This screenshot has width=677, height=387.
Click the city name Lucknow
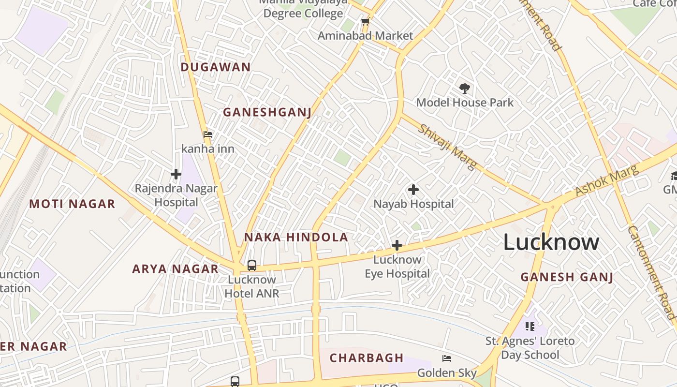pos(551,242)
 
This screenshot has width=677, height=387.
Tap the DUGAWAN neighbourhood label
pos(216,67)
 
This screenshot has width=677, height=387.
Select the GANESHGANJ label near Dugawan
pos(267,112)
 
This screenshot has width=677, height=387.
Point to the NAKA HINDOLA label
pos(296,237)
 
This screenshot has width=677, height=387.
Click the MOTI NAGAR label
pos(72,204)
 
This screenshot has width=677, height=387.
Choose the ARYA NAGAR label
pos(175,269)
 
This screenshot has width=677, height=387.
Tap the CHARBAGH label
pos(367,358)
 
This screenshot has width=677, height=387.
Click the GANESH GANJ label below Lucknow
pos(567,277)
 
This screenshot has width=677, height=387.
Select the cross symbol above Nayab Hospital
pos(413,189)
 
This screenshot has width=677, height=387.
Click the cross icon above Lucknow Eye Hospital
pos(397,245)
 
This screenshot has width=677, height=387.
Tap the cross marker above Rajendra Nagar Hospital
pos(176,174)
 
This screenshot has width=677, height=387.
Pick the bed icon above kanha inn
pos(208,134)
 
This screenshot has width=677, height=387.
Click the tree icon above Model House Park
pos(465,88)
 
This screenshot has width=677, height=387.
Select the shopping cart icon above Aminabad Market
pos(366,22)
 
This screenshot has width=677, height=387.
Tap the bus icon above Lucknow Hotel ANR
pos(252,265)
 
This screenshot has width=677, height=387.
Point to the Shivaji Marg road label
pos(447,147)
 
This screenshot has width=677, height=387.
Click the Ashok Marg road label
pos(607,180)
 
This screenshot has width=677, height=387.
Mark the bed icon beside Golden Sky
pos(447,358)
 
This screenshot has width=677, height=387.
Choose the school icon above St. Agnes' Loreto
pos(530,327)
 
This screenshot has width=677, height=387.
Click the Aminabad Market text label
pos(366,36)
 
